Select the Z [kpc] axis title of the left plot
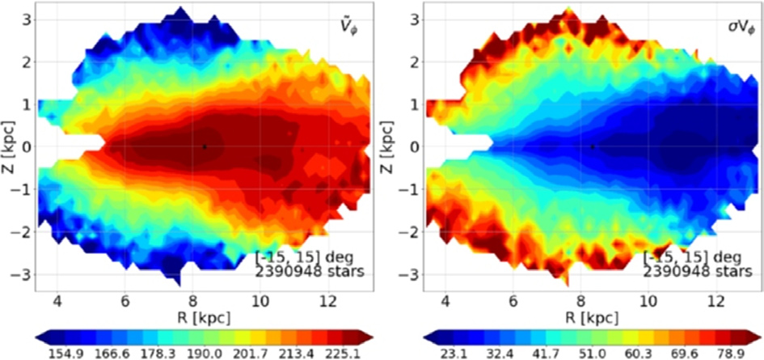click(x=9, y=147)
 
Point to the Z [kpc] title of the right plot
click(x=397, y=147)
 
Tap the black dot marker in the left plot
click(x=205, y=146)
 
